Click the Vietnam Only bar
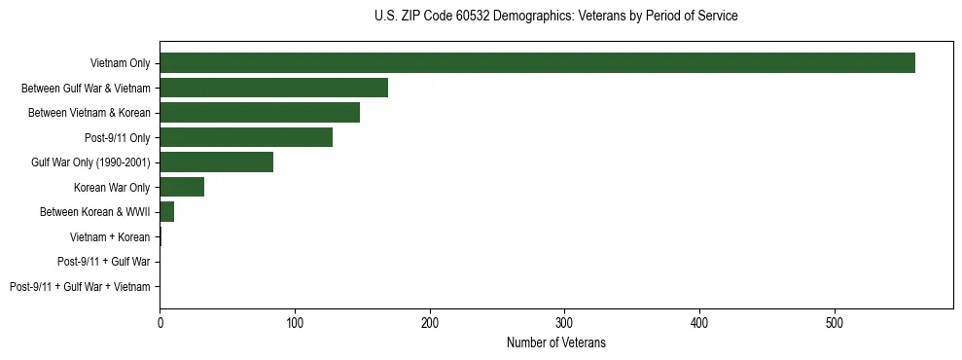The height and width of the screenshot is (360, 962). [x=537, y=63]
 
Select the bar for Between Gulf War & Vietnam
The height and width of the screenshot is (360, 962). [x=273, y=88]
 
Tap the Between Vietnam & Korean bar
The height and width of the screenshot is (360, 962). [x=260, y=113]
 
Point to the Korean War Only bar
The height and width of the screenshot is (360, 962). [x=182, y=187]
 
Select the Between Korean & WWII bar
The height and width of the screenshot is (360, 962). [x=166, y=212]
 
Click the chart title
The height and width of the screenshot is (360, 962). [x=555, y=17]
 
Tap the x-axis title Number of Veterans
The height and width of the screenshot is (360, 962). [x=555, y=342]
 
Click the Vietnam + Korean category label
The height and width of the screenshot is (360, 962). [x=110, y=237]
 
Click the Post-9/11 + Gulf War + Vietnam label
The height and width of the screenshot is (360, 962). [x=80, y=287]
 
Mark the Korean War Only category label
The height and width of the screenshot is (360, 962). [x=112, y=188]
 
